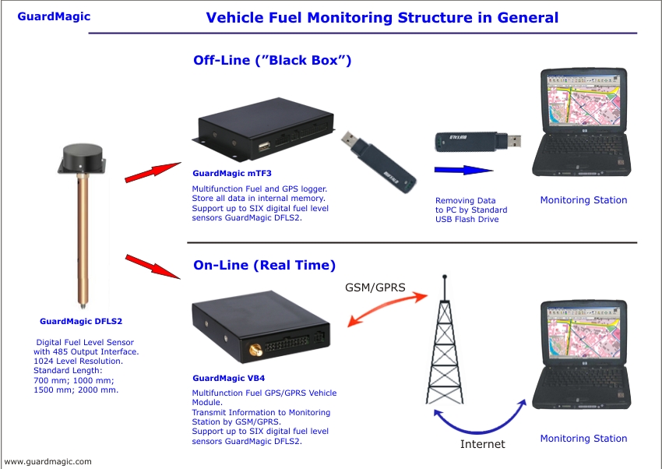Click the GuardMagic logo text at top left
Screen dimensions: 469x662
(x=54, y=16)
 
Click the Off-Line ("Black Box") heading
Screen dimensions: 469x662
(x=272, y=60)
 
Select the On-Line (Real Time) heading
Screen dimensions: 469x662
(x=264, y=265)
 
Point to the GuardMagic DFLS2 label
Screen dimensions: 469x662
(x=81, y=320)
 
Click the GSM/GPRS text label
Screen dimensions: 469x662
(x=375, y=287)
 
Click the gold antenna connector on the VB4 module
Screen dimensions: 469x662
(x=254, y=342)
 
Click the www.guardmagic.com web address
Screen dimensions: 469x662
(x=48, y=461)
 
